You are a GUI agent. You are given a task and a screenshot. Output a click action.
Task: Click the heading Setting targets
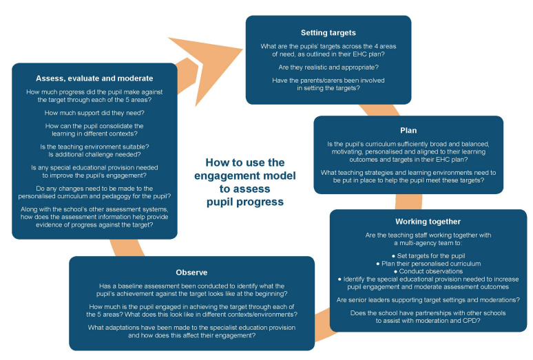pyautogui.click(x=328, y=32)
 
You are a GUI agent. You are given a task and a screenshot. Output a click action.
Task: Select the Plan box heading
pyautogui.click(x=408, y=130)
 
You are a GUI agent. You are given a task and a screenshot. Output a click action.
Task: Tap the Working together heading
pyautogui.click(x=428, y=222)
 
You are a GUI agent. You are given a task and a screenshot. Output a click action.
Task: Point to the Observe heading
pyautogui.click(x=191, y=273)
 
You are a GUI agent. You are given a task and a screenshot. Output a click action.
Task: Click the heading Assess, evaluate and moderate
pyautogui.click(x=94, y=78)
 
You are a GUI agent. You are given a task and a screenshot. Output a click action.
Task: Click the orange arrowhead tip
pyautogui.click(x=242, y=50)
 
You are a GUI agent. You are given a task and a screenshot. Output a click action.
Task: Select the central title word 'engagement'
pyautogui.click(x=244, y=176)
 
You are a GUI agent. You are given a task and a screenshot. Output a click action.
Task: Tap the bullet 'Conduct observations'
pyautogui.click(x=428, y=271)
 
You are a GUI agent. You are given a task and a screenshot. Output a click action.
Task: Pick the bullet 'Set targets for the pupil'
pyautogui.click(x=428, y=256)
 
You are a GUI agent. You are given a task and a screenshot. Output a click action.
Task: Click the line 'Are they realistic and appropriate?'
pyautogui.click(x=328, y=67)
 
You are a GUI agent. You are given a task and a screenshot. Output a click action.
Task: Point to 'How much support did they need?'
pyautogui.click(x=94, y=113)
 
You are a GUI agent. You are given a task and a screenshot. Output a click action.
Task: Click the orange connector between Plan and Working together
pyautogui.click(x=408, y=202)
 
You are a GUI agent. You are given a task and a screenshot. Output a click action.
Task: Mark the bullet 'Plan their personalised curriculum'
pyautogui.click(x=428, y=264)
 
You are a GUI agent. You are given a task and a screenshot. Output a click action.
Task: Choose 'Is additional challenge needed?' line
pyautogui.click(x=94, y=154)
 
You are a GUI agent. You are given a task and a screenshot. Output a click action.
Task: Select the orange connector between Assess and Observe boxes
pyautogui.click(x=127, y=248)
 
